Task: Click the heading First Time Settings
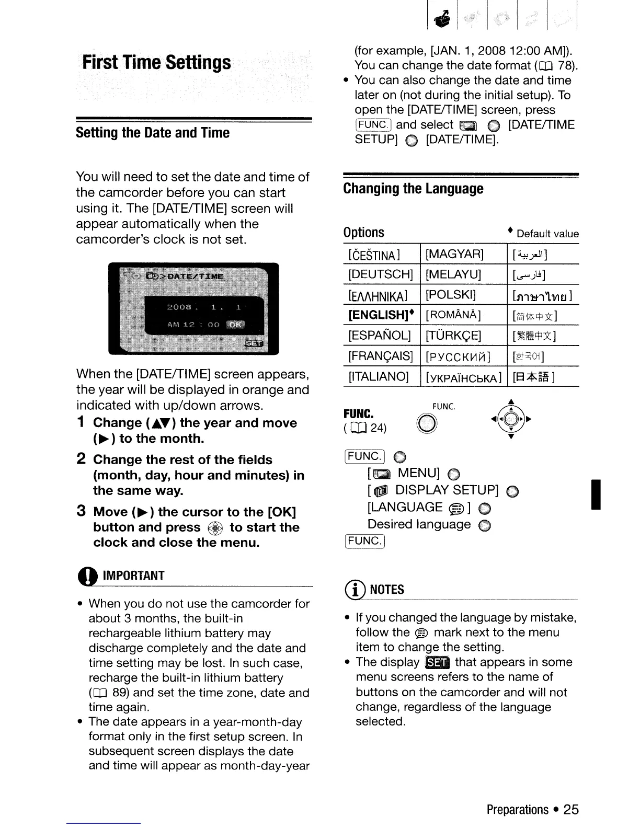[x=156, y=63]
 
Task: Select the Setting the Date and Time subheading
[x=152, y=133]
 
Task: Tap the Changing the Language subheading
[x=413, y=189]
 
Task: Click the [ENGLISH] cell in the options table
[x=381, y=315]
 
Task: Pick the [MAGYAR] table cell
[x=454, y=255]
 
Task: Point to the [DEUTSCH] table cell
[x=381, y=274]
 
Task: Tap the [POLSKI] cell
[x=451, y=295]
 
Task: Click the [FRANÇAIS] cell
[x=381, y=356]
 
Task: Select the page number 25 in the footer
[x=571, y=810]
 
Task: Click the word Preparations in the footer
[x=517, y=810]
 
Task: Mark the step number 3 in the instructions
[x=81, y=511]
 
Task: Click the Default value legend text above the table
[x=547, y=234]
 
